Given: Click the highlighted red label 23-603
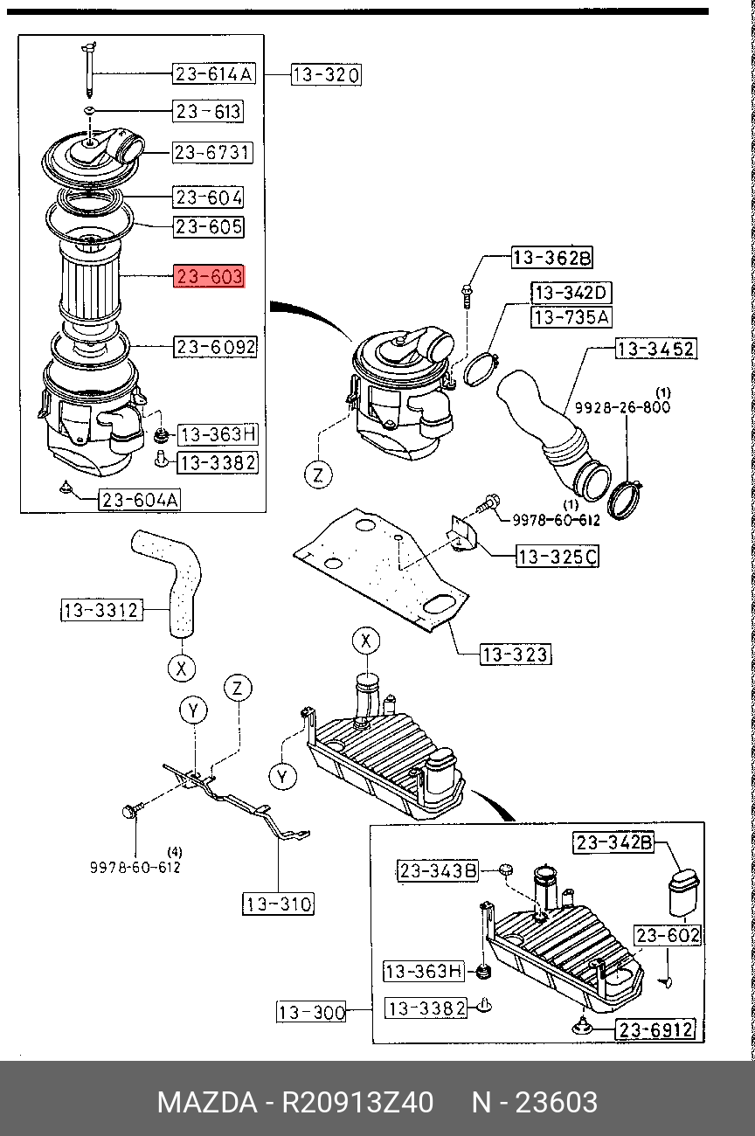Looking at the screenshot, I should click(210, 278).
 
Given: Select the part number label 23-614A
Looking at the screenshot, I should click(213, 74).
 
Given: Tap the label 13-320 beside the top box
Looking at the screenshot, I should click(325, 75).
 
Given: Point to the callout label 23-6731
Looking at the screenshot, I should click(212, 153).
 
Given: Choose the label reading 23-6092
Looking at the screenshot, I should click(215, 347).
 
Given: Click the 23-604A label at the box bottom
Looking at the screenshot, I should click(140, 500).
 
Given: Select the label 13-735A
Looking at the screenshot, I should click(572, 316).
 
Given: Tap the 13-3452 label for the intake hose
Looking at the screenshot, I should click(656, 350).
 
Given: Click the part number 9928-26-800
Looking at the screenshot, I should click(622, 407).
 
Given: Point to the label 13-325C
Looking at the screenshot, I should click(558, 556).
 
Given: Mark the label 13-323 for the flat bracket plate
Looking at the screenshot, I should click(516, 653).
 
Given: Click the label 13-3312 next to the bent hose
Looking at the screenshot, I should click(101, 610).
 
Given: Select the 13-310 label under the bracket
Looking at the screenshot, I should click(278, 904).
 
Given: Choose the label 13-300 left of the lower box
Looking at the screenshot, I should click(312, 1013).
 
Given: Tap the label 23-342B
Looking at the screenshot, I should click(613, 842).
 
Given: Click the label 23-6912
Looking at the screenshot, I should click(657, 1029).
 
